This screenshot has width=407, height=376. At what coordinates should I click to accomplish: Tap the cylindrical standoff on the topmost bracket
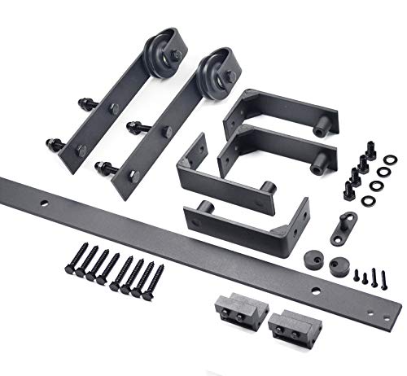(x=321, y=125)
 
